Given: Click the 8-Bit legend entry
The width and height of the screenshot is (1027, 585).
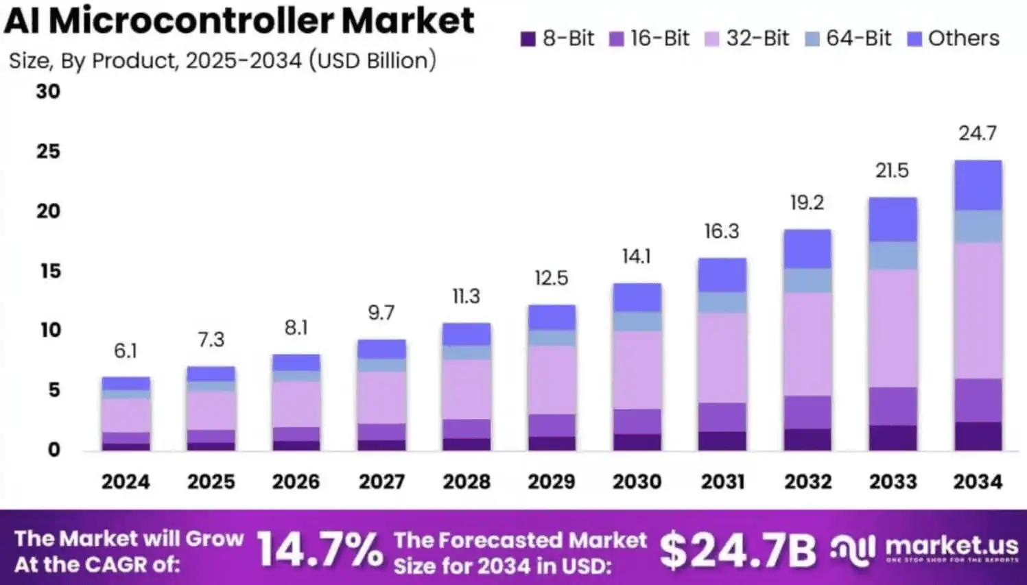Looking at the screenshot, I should [x=558, y=38].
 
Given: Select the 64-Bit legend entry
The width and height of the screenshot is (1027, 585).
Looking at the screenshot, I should [x=849, y=38].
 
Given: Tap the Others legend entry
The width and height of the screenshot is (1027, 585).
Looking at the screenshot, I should [x=954, y=38].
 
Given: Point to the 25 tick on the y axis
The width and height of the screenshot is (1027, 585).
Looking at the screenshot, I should [x=48, y=152].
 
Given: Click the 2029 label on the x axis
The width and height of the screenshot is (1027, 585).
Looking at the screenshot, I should [x=552, y=481].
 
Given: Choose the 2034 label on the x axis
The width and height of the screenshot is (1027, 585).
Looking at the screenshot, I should [x=978, y=481].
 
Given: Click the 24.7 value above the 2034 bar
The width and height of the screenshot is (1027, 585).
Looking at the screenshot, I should [x=978, y=133].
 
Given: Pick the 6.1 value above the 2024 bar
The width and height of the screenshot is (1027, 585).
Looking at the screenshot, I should [x=126, y=351].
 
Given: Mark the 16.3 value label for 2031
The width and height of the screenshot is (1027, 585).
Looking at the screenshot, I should [x=722, y=232].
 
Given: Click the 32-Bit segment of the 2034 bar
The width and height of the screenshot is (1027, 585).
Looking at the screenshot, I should [x=978, y=310].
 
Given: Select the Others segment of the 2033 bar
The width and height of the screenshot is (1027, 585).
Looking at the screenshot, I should [x=893, y=219].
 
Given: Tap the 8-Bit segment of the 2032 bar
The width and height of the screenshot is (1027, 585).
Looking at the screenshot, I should [x=807, y=440].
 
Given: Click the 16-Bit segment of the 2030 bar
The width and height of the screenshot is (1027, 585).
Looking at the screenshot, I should [x=637, y=421].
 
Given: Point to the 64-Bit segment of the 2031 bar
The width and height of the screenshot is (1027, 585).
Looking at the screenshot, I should [x=722, y=302].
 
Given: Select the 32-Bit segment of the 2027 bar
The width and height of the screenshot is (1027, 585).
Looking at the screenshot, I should [x=381, y=398].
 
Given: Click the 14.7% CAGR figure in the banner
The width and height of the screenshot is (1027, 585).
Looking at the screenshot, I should [x=320, y=551].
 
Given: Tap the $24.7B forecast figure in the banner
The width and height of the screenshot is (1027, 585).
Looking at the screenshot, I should [x=737, y=551].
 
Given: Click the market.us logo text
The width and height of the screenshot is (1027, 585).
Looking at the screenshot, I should [x=952, y=546].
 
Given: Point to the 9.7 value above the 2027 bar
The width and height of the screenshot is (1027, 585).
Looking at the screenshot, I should [x=381, y=313].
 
